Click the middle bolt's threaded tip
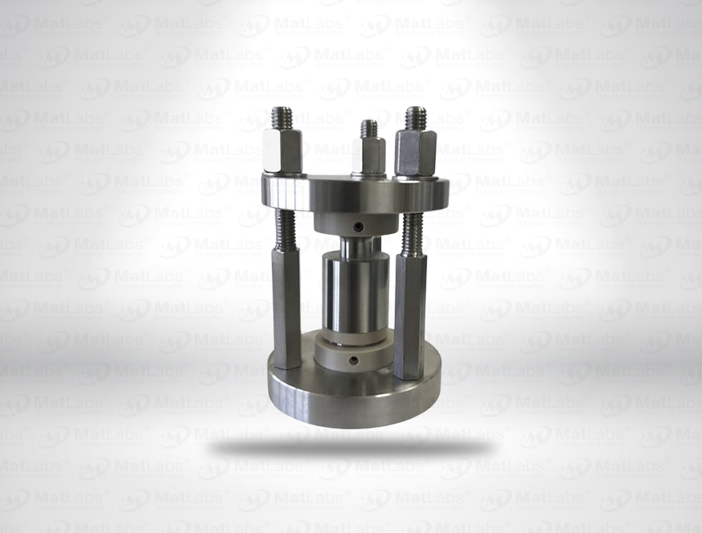pos(368,129)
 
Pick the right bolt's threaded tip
pos(415,117)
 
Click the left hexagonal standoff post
pos(287,305)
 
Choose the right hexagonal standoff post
pos(409,314)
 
